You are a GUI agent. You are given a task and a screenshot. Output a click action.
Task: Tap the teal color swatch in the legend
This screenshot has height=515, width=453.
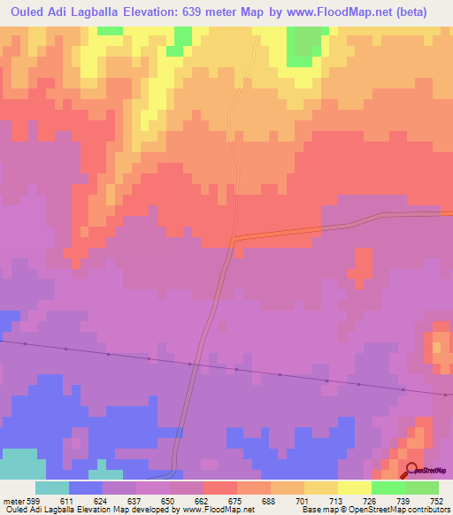[51, 488]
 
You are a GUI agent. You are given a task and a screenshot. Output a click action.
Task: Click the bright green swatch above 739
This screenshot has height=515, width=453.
[388, 488]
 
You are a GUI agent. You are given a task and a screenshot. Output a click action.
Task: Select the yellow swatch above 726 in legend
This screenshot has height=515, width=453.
[354, 488]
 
